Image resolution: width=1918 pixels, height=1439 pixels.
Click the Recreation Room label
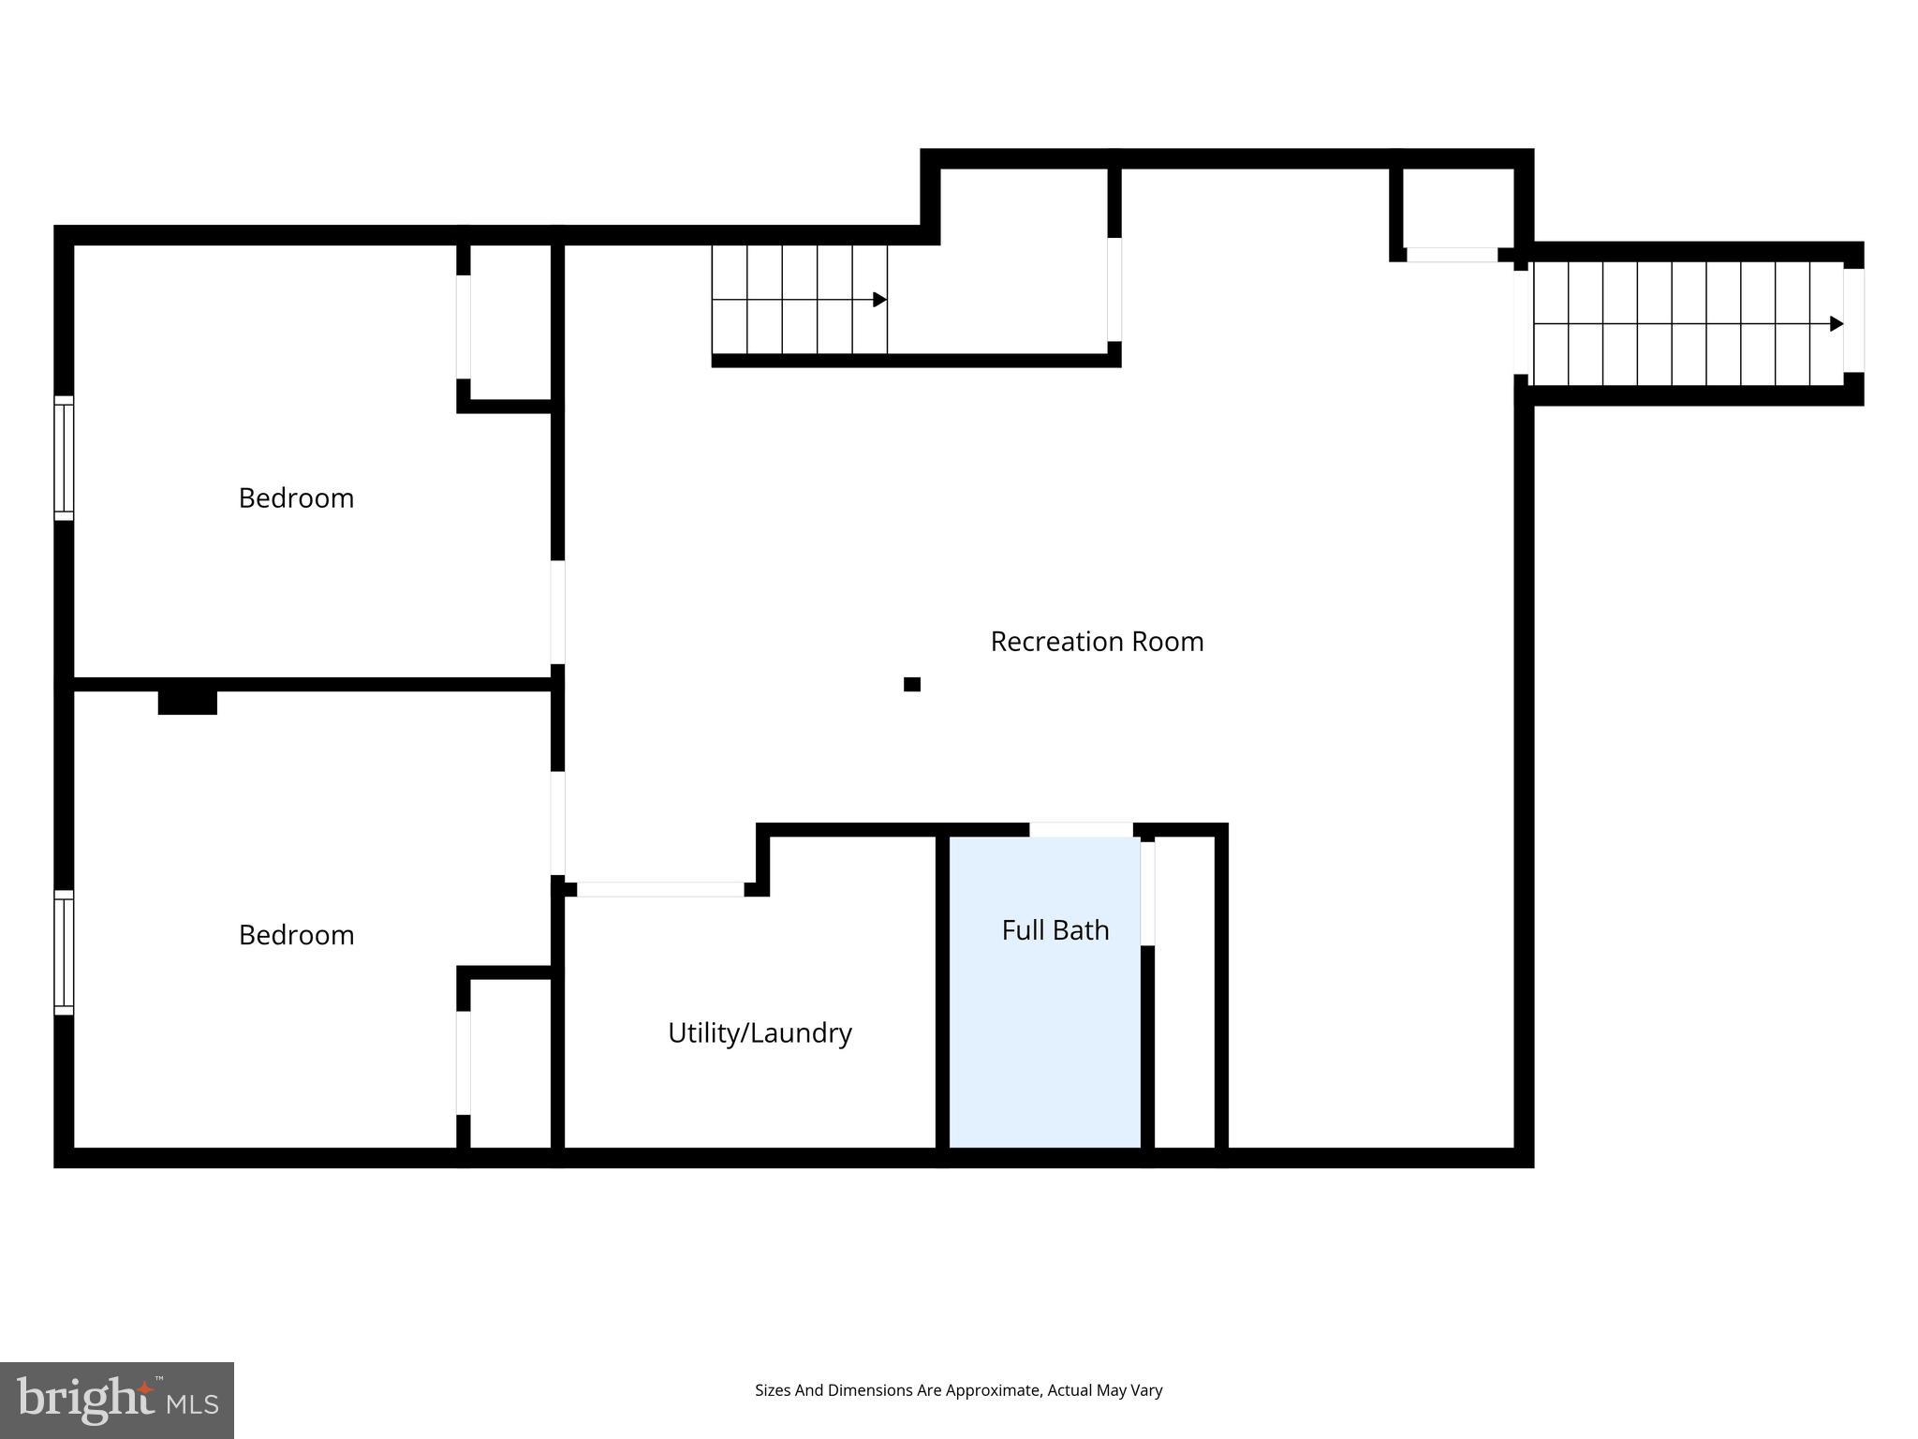coord(1097,642)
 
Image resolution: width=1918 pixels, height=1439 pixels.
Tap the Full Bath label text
coord(1055,930)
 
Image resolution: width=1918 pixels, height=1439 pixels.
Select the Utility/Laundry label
coord(760,1033)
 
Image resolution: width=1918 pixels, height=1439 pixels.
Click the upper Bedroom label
coord(296,498)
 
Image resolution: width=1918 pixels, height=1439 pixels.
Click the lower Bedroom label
coord(296,935)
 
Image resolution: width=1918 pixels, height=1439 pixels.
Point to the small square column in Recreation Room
coord(912,685)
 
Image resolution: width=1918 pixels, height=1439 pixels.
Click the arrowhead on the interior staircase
coord(879,300)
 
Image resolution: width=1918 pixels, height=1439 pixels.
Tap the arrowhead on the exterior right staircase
coord(1837,324)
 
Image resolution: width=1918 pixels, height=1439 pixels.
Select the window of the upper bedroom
coord(64,458)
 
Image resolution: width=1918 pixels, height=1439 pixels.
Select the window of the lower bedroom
coord(64,952)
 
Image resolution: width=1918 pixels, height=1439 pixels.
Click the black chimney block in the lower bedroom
coord(187,703)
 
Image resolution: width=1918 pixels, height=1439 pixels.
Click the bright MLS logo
coord(117,1400)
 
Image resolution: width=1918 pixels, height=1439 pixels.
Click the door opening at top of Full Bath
coord(1081,830)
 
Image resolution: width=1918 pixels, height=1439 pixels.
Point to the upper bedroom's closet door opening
coord(463,326)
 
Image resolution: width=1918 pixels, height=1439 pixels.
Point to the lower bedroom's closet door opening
coord(463,1063)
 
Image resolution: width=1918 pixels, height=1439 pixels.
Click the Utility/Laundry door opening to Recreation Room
coord(660,890)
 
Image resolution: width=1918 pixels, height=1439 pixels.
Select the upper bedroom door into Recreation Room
coord(557,612)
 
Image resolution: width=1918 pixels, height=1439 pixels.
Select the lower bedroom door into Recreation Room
coord(557,823)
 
